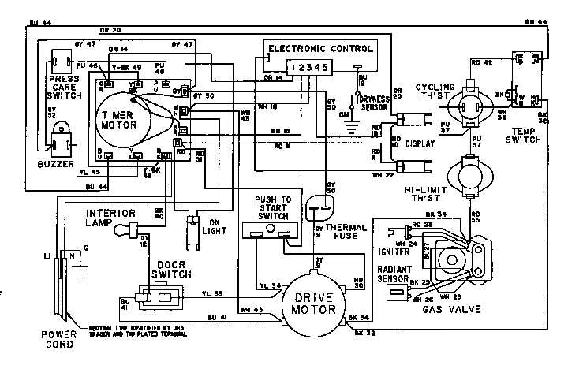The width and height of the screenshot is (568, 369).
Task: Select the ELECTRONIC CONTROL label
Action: tap(319, 48)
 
